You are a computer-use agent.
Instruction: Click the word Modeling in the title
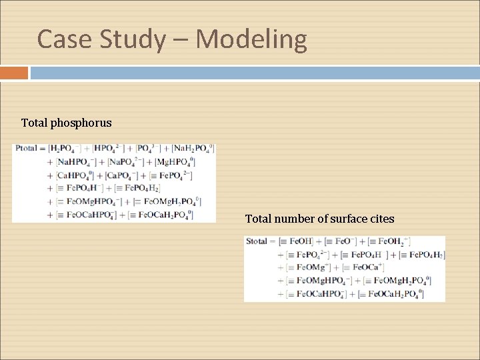[x=251, y=39]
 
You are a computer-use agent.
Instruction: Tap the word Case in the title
[x=65, y=39]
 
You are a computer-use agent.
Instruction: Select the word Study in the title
[x=131, y=39]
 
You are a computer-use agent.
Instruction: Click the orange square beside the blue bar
[x=14, y=73]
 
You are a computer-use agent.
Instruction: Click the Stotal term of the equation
[x=257, y=241]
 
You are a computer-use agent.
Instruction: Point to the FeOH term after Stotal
[x=296, y=241]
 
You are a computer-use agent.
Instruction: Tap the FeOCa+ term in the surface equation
[x=360, y=267]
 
